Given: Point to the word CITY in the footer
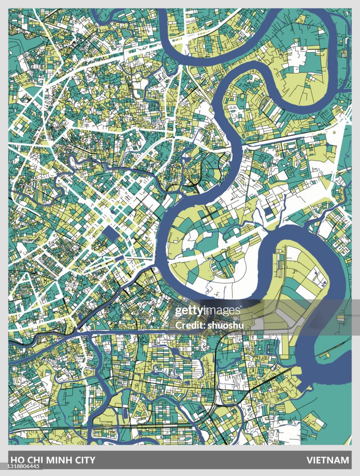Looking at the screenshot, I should pos(84,460).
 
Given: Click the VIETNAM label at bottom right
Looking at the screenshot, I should pos(327,460).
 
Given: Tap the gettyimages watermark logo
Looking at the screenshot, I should pos(207,311).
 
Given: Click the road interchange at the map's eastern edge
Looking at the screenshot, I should pos(343,122).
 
